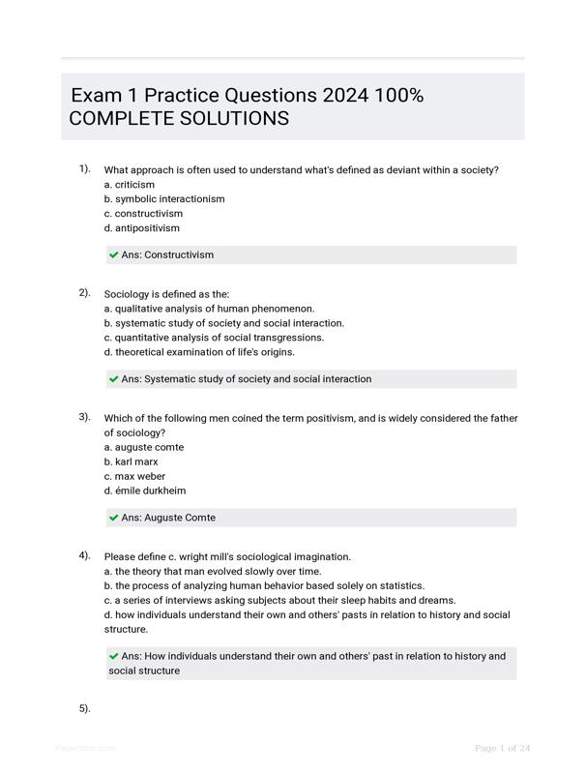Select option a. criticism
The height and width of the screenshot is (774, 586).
point(130,184)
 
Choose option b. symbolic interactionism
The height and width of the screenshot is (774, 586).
point(164,198)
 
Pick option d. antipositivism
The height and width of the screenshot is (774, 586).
point(142,228)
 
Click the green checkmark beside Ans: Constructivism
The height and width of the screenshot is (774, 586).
point(114,255)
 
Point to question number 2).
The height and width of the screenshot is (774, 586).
point(85,292)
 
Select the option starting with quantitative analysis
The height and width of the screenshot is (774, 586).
point(214,338)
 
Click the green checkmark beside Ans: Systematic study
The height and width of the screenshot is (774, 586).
point(114,379)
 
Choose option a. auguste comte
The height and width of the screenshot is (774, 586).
point(144,447)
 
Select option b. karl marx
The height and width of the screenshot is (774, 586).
point(132,461)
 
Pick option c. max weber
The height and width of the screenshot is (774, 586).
point(134,476)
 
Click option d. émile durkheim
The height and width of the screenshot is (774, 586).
point(145,491)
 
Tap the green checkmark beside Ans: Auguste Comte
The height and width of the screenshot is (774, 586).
point(114,518)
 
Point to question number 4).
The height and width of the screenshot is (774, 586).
point(85,555)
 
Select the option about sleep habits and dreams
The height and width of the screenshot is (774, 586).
point(279,600)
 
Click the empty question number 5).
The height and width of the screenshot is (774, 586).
point(85,708)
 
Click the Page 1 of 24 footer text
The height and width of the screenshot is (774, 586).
point(503,748)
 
